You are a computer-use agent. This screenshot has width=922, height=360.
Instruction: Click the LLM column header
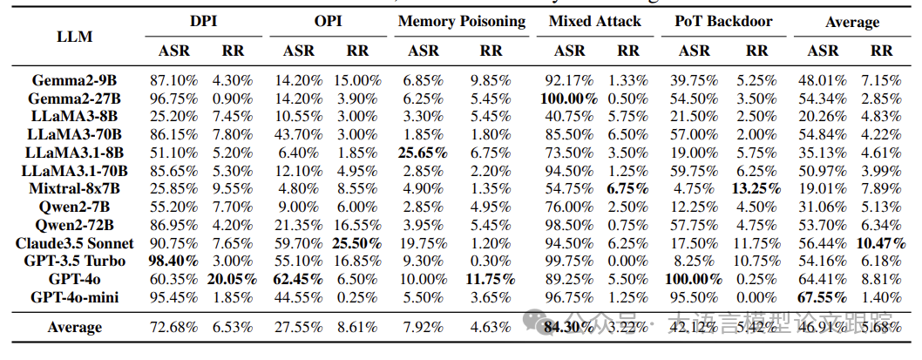click(x=74, y=37)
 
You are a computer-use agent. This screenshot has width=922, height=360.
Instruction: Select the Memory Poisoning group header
click(x=461, y=21)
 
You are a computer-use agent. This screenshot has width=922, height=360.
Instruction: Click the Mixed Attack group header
click(x=595, y=21)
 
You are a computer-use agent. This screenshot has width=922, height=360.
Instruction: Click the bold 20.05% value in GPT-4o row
click(x=231, y=279)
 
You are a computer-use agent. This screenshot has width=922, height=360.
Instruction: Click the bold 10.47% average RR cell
click(x=882, y=242)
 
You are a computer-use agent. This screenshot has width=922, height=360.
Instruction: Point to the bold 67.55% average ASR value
click(x=823, y=296)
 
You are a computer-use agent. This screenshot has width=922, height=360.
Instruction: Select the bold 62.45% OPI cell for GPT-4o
click(x=299, y=279)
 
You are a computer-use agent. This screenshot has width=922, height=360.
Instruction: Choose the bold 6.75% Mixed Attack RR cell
click(x=627, y=188)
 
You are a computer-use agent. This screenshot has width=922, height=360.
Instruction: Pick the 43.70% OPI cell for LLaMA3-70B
click(x=299, y=133)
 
